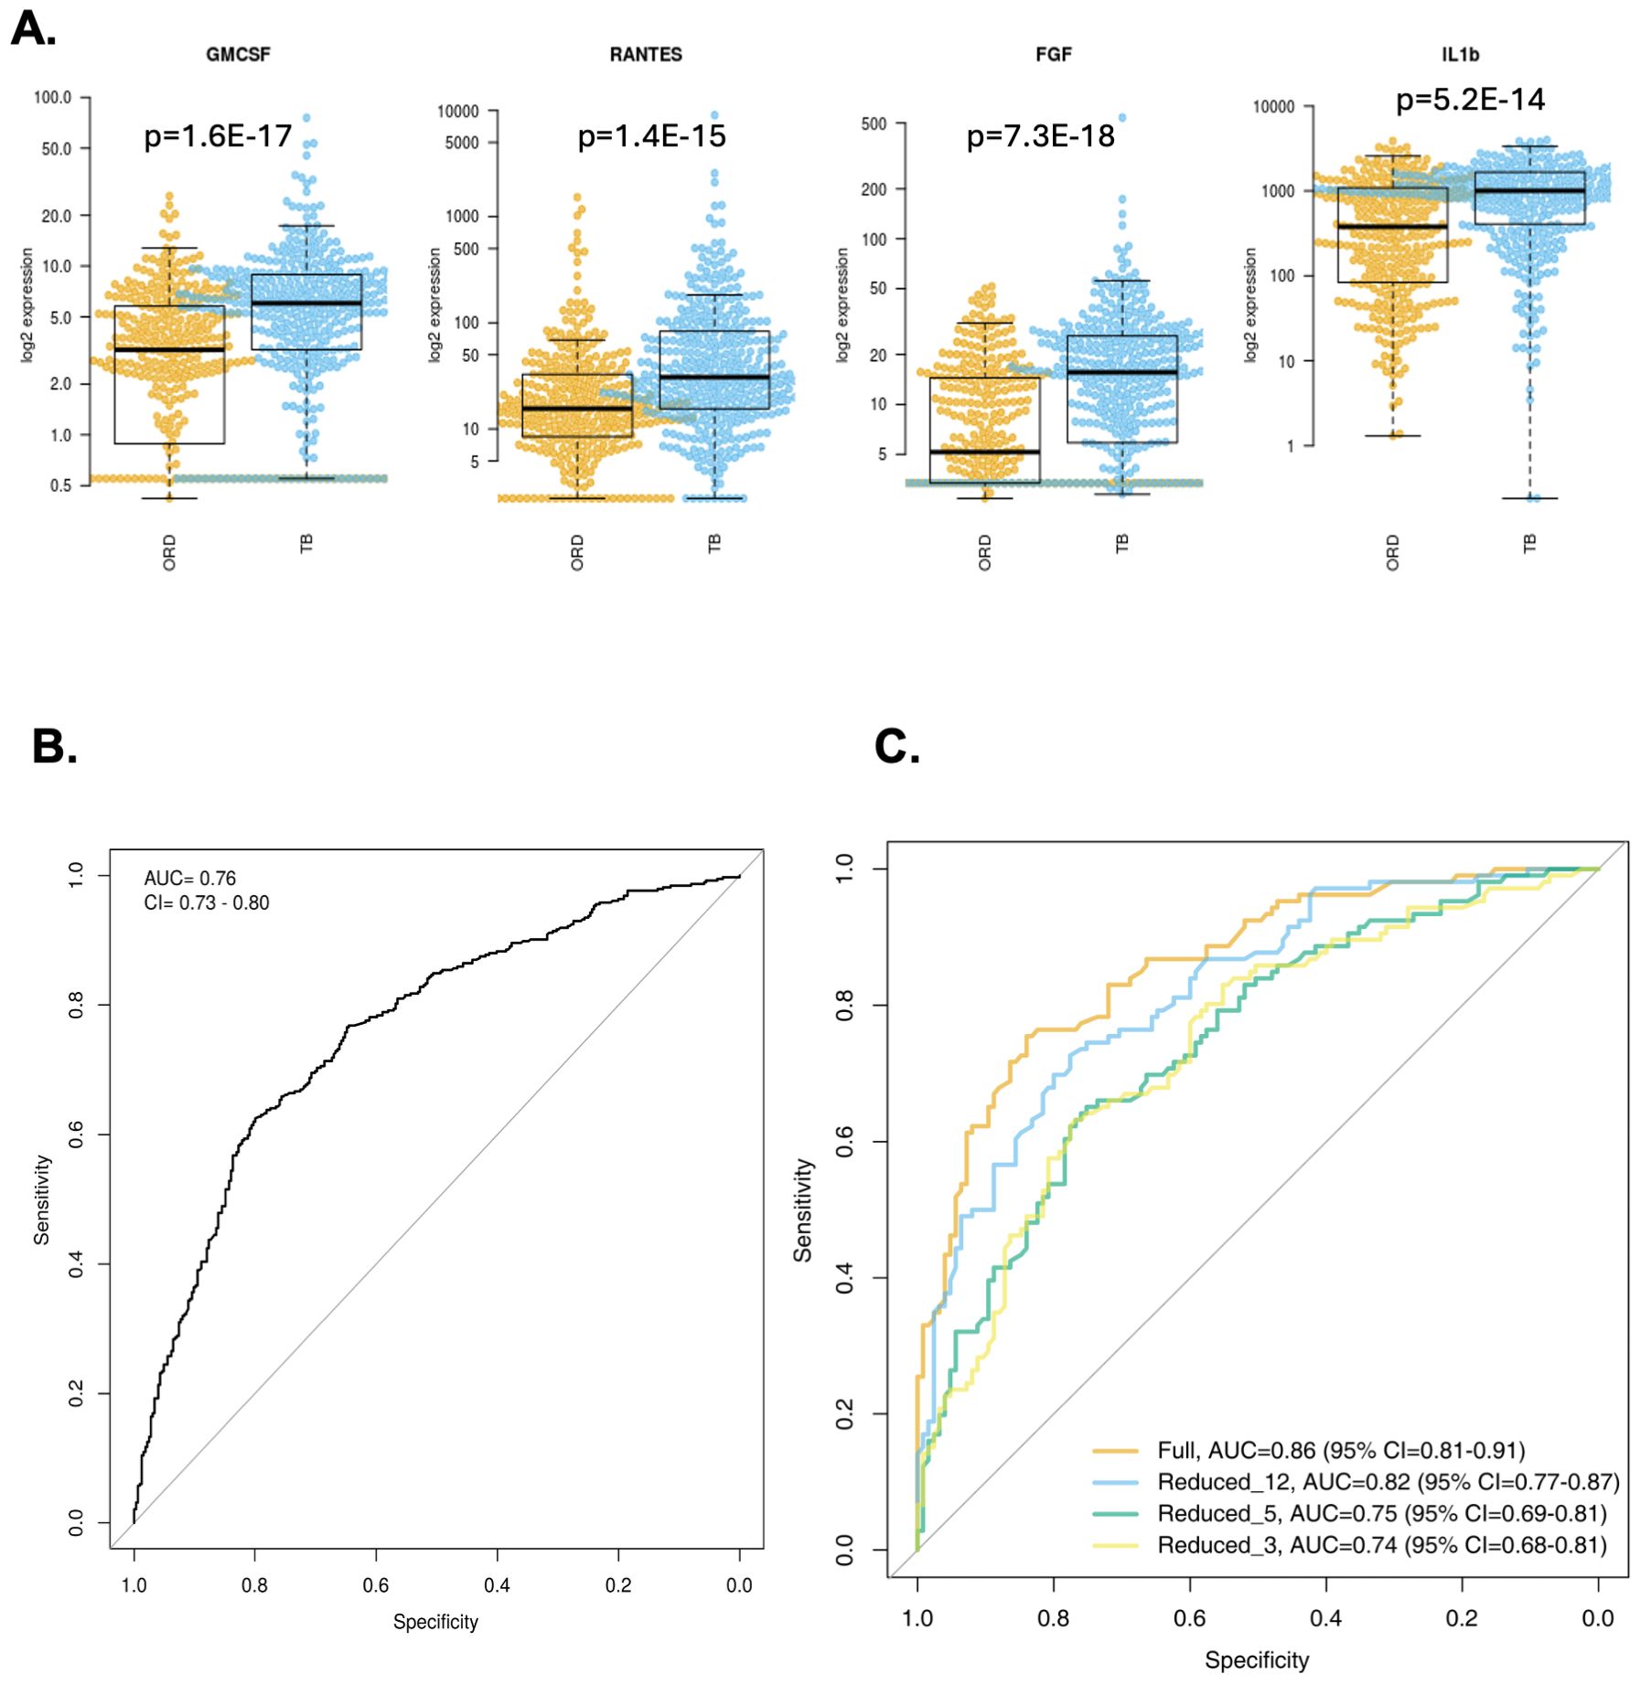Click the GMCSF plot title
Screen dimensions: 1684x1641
pos(238,55)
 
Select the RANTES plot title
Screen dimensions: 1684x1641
pos(646,55)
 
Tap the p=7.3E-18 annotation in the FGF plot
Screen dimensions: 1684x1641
pos(1040,136)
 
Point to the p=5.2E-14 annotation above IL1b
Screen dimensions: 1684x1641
pos(1470,99)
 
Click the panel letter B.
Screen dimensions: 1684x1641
pos(54,746)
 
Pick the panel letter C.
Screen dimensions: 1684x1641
pos(896,746)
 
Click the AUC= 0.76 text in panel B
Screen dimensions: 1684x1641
pos(190,878)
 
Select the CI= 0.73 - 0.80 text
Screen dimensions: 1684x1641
pos(207,902)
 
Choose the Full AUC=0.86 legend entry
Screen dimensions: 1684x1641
pos(1341,1450)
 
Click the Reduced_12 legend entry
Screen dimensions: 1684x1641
pos(1388,1481)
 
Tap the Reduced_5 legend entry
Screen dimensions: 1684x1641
pos(1381,1513)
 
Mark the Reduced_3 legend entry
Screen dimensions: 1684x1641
pos(1381,1545)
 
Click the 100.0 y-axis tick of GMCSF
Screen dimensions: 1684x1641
pos(52,98)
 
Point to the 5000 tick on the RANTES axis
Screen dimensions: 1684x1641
pos(462,143)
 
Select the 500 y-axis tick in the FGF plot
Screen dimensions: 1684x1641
pos(874,123)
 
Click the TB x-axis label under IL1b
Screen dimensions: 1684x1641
pos(1529,544)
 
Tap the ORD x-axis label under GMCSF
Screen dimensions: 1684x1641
pos(169,553)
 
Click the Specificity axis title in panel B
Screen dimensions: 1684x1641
pos(435,1622)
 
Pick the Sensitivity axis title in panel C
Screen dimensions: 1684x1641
pos(802,1210)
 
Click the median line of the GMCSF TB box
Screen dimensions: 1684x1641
pos(306,303)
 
